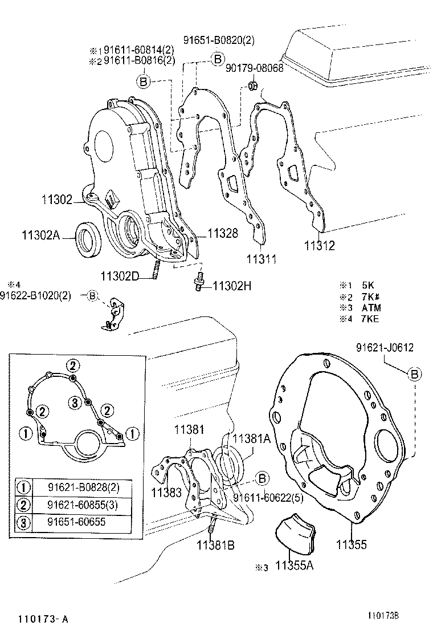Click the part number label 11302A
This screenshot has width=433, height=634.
point(40,235)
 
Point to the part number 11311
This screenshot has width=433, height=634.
point(261,259)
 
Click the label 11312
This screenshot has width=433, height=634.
point(319,246)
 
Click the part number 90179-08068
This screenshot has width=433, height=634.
point(254,68)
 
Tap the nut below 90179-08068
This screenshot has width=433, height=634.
point(251,87)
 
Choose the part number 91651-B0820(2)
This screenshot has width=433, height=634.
point(219,39)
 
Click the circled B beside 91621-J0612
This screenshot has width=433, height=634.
point(415,373)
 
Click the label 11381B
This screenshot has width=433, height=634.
point(215,544)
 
